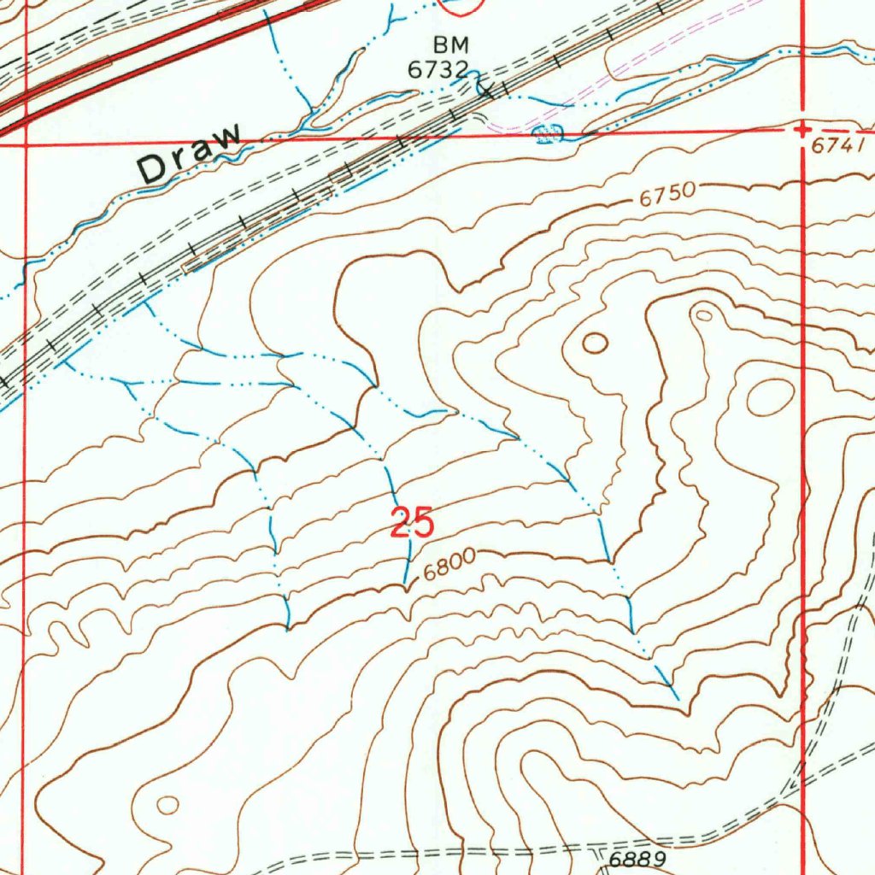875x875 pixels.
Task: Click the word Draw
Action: click(190, 154)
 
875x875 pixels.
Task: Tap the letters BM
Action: click(452, 45)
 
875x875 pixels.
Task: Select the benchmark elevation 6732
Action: click(437, 70)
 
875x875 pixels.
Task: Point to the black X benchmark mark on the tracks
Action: click(484, 86)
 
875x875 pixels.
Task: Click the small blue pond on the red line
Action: click(546, 132)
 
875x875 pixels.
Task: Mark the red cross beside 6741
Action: click(802, 129)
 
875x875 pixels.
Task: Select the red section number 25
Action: click(413, 523)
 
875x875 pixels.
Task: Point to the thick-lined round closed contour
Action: click(595, 344)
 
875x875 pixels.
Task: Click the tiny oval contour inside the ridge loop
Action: click(703, 314)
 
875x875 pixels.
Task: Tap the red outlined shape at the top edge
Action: click(460, 7)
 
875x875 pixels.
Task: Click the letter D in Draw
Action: click(152, 169)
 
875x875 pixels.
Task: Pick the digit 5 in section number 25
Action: click(424, 523)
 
